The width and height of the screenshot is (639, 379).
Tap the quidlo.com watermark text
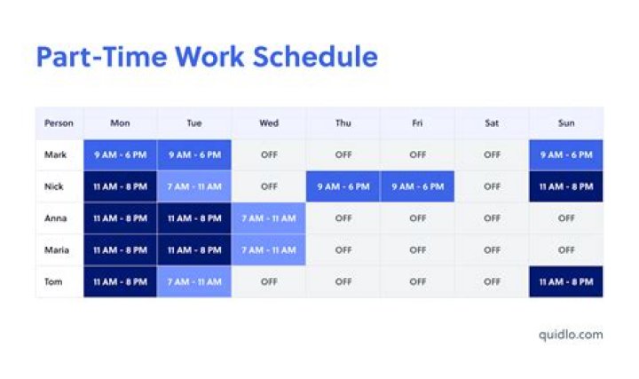click(571, 334)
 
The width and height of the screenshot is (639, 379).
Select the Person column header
click(59, 123)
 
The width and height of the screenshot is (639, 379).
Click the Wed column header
click(269, 123)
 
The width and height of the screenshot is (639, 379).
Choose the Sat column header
click(492, 123)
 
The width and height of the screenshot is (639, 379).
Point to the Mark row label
click(55, 154)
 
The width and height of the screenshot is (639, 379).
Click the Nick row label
click(54, 186)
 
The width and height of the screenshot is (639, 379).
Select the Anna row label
click(56, 218)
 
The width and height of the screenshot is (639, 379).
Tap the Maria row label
click(57, 250)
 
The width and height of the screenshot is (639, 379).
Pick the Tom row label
click(53, 282)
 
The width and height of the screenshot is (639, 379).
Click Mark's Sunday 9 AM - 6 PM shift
click(566, 154)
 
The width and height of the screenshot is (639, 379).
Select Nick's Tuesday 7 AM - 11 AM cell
click(194, 186)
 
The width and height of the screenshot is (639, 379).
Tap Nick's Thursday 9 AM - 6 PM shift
click(343, 186)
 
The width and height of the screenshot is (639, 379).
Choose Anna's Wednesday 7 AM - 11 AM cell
click(269, 218)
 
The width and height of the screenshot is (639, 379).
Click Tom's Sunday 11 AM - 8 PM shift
click(566, 282)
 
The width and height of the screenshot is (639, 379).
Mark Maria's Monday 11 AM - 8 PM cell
click(120, 250)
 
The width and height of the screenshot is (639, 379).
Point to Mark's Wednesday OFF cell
click(269, 154)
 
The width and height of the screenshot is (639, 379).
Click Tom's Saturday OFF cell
click(492, 282)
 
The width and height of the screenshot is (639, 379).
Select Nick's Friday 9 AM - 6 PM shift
click(417, 186)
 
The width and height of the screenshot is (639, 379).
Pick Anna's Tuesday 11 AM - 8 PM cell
click(194, 218)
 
